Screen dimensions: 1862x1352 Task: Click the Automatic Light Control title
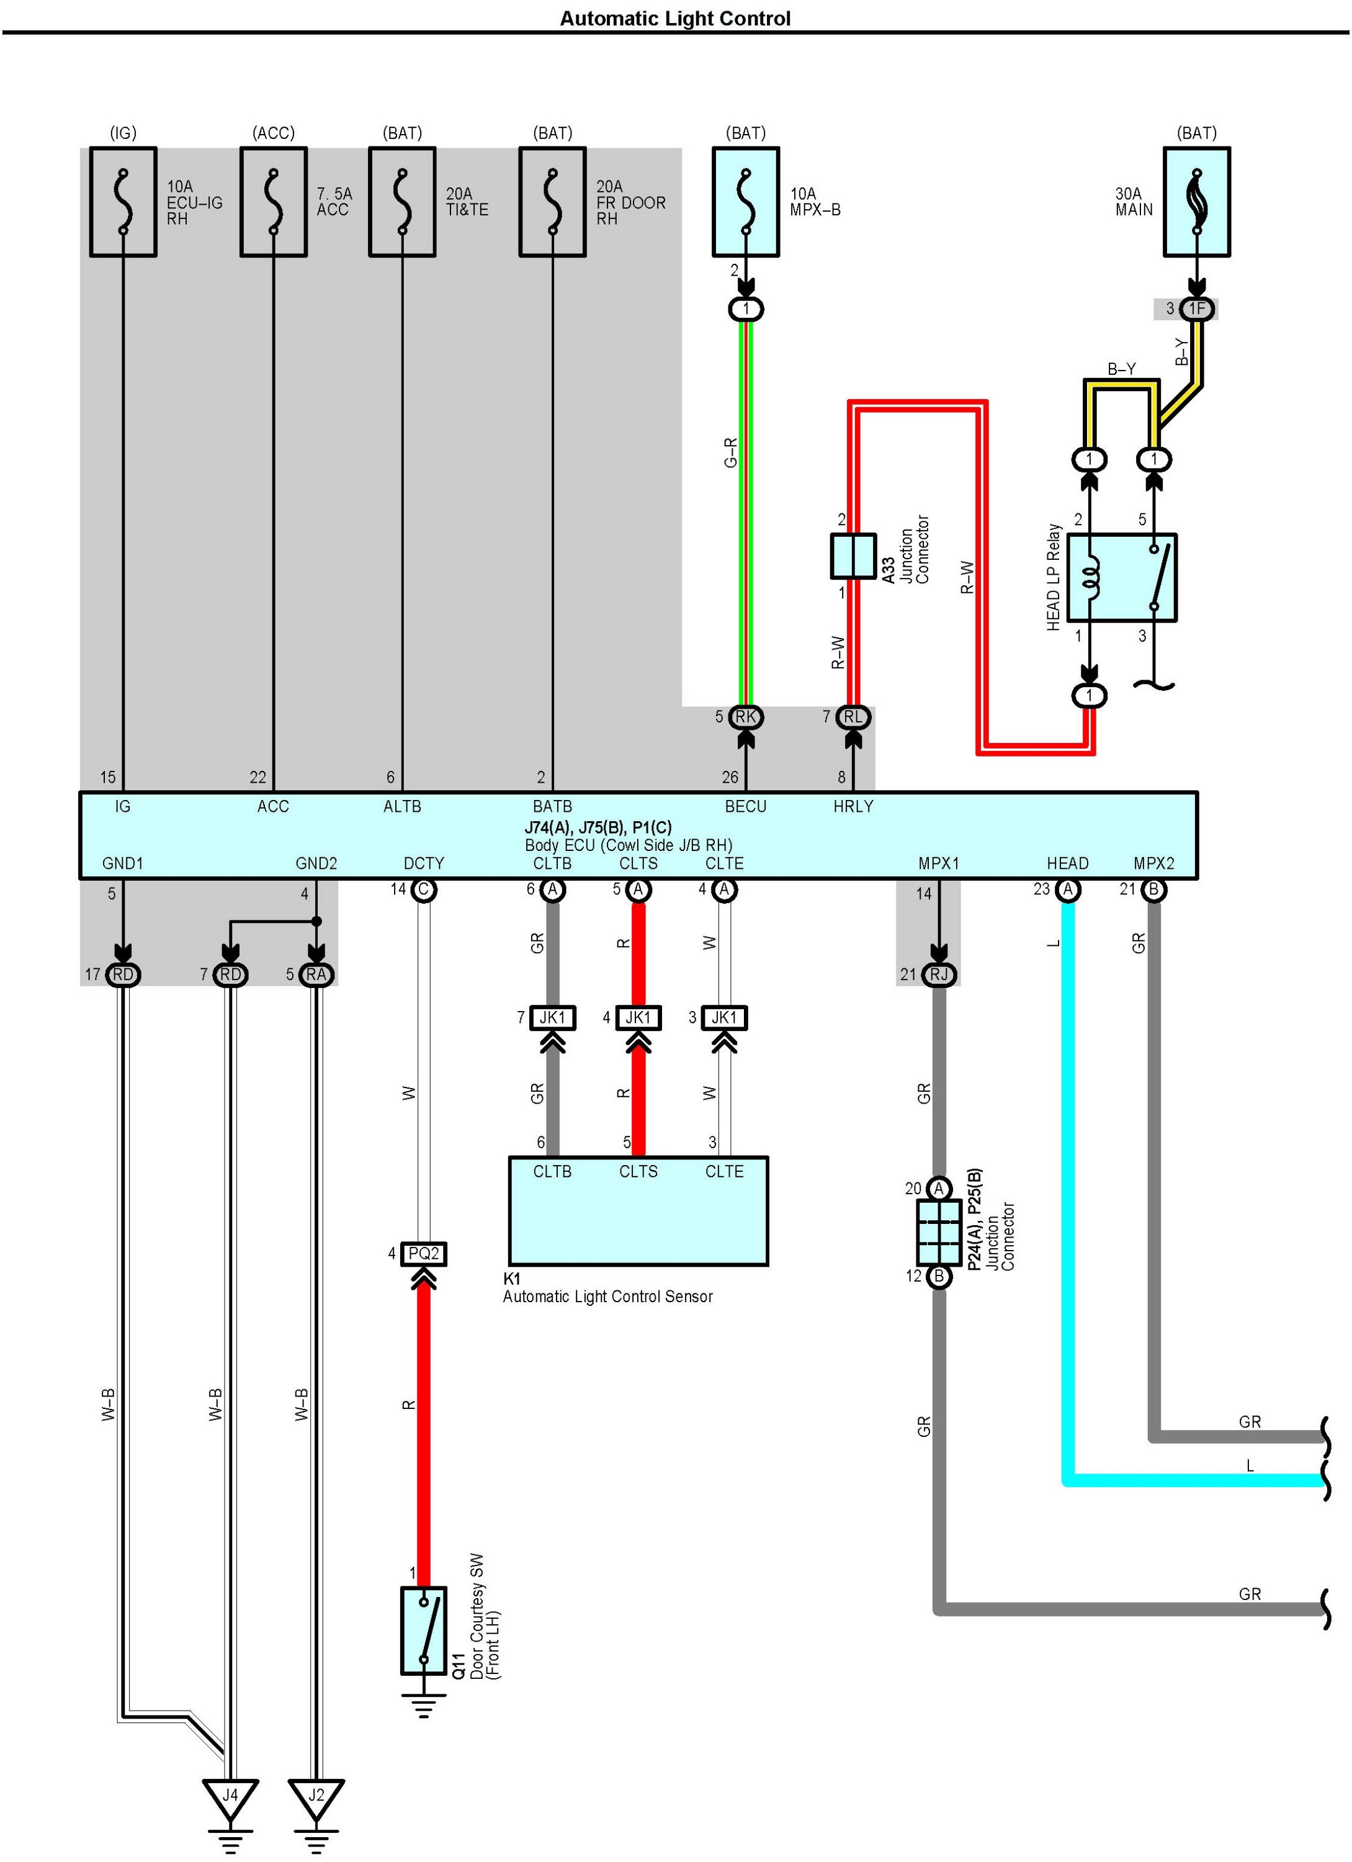[x=675, y=19]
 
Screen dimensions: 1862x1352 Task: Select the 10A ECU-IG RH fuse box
[x=123, y=202]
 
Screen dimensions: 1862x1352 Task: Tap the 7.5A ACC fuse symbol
[x=274, y=202]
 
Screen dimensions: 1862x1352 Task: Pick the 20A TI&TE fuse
[x=402, y=202]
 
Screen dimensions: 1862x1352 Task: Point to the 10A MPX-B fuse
[x=745, y=202]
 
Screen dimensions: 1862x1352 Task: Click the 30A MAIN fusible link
[x=1196, y=202]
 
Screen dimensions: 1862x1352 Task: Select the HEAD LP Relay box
[x=1133, y=578]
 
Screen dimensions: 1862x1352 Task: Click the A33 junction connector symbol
[x=854, y=556]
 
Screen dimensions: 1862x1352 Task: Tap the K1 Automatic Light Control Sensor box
[x=638, y=1211]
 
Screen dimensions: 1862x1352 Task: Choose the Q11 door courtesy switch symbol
[x=424, y=1630]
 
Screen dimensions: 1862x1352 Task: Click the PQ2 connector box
[x=424, y=1254]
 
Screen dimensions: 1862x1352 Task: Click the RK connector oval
[x=745, y=717]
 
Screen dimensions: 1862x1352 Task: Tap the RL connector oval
[x=854, y=717]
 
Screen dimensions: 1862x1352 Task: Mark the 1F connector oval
[x=1197, y=308]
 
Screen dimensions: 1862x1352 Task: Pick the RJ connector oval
[x=939, y=974]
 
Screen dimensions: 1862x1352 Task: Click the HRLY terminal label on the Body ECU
[x=853, y=807]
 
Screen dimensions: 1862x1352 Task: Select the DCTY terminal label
[x=424, y=864]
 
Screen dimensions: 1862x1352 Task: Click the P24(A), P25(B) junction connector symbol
[x=939, y=1232]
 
